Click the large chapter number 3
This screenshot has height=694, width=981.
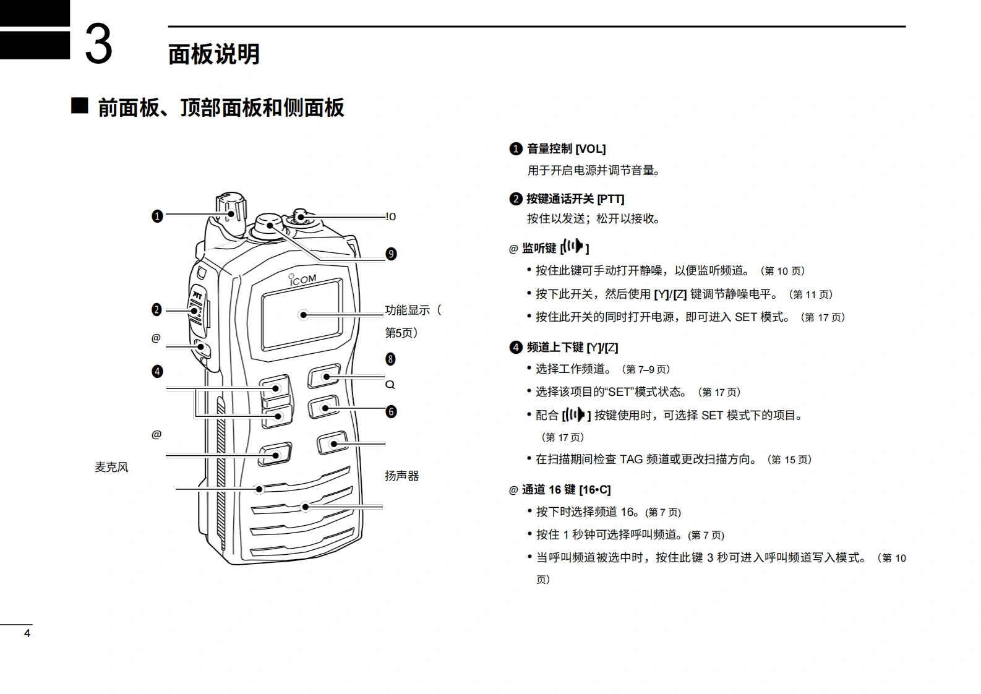98,43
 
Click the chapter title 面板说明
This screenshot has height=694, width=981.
214,54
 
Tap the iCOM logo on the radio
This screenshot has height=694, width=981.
302,280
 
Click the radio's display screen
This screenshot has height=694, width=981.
302,314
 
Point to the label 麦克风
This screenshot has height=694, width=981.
111,468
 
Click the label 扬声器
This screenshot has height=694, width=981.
402,476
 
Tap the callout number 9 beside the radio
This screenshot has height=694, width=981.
391,254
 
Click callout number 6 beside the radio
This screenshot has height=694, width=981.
391,412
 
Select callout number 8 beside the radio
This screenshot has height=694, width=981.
390,359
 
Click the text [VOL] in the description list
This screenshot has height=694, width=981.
591,149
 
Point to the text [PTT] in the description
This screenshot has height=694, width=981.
610,199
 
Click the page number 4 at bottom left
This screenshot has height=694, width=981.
27,633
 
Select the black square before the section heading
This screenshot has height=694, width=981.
79,106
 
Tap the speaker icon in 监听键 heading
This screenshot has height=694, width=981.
575,247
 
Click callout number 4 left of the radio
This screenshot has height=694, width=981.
157,372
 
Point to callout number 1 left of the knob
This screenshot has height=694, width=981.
157,216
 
